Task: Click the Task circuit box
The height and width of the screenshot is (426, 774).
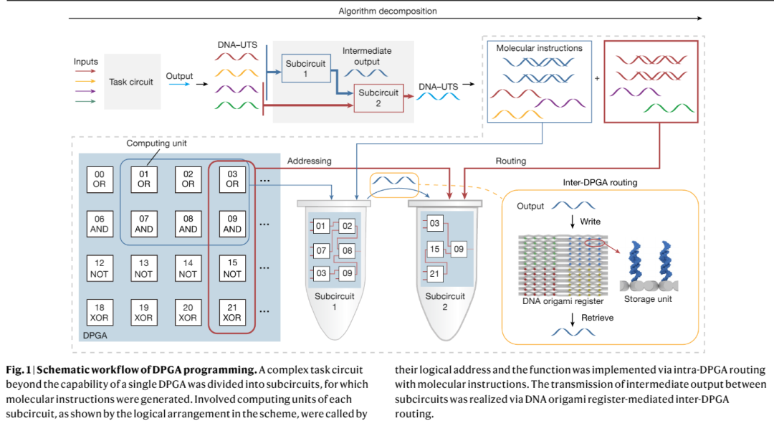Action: point(131,82)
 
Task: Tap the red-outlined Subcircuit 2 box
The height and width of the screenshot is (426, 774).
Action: point(378,98)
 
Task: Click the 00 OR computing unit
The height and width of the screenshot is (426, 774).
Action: point(100,179)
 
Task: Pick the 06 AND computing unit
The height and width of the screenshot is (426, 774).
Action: point(100,224)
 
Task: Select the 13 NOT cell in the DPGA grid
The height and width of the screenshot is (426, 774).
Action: point(144,269)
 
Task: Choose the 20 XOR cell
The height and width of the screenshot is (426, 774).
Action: point(188,313)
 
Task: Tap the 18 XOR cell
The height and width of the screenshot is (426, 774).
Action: point(100,313)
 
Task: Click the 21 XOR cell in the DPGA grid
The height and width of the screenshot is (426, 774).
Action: point(232,313)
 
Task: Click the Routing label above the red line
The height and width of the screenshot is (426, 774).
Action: point(511,162)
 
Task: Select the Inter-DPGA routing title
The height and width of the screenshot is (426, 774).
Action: point(601,182)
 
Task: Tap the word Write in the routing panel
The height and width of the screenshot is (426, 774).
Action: point(591,222)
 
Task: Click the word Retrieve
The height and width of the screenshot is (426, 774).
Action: point(597,318)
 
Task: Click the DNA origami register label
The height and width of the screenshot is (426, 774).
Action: point(563,303)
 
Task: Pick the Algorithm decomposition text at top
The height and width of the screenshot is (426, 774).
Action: point(388,11)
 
